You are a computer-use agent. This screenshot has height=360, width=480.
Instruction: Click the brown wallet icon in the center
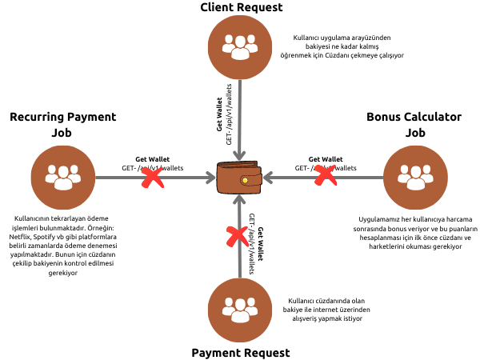239,177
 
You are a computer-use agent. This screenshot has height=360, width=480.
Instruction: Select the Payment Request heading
240,351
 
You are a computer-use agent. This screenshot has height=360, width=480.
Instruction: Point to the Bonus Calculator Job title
414,125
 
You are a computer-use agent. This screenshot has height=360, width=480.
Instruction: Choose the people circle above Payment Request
239,307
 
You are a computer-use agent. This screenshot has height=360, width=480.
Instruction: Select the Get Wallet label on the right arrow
326,159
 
